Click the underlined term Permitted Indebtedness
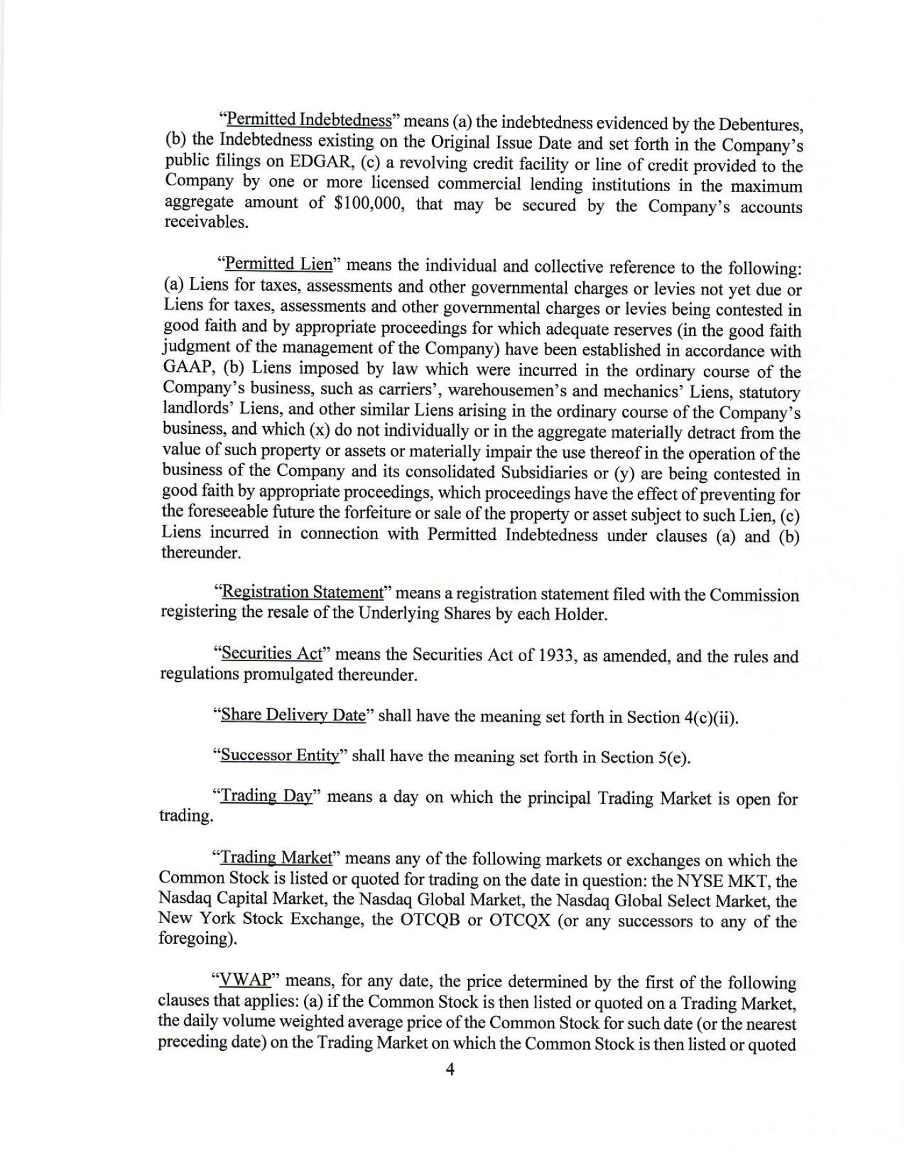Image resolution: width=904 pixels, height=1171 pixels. (x=309, y=120)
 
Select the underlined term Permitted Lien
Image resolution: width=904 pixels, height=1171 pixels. (x=278, y=264)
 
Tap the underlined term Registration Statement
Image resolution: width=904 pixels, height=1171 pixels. (x=302, y=592)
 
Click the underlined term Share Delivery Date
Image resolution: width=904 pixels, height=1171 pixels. (x=293, y=715)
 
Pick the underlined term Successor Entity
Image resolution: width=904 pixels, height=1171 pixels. (x=280, y=755)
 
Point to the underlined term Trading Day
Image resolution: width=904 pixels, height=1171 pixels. (x=267, y=796)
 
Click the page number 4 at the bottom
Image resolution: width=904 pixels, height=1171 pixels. (x=450, y=1070)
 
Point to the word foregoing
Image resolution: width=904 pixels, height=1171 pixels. (x=196, y=939)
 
